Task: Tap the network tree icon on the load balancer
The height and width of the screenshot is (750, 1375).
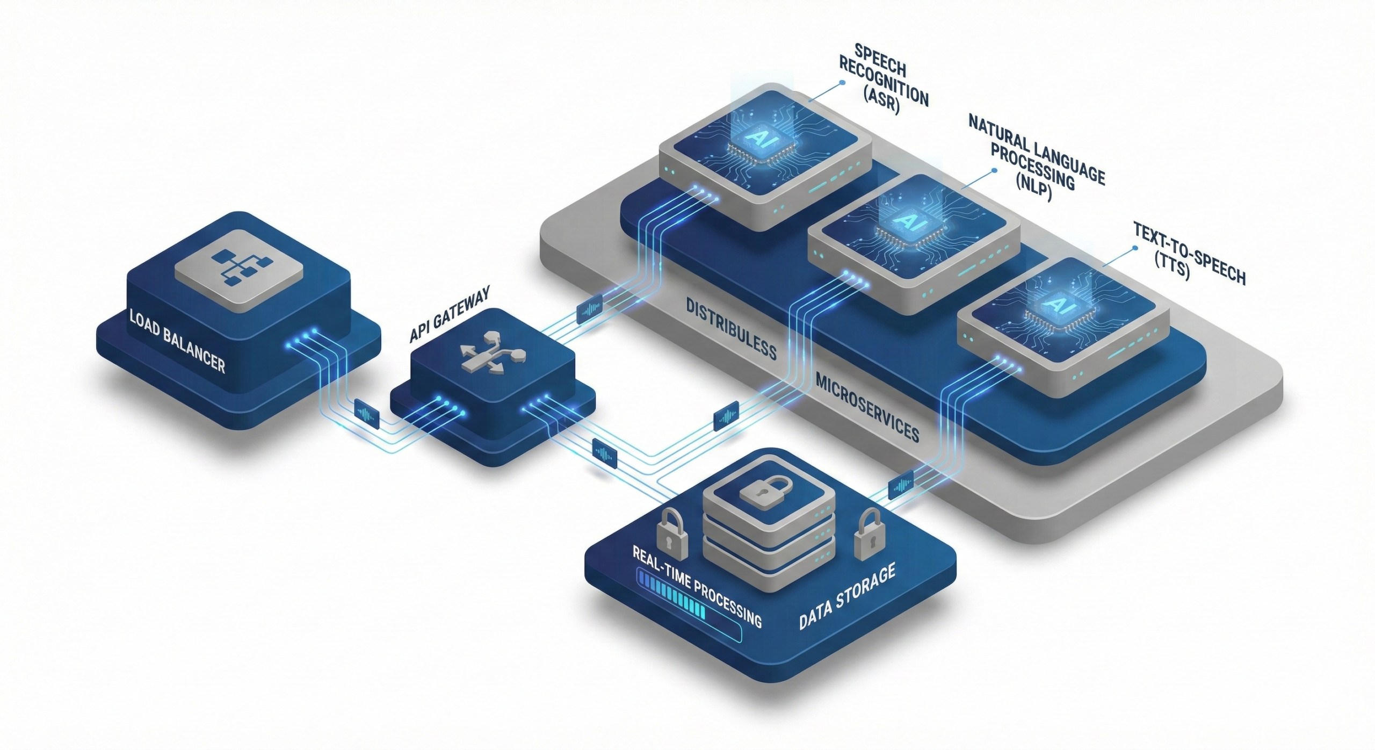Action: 239,264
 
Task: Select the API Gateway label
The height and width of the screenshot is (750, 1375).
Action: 450,314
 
